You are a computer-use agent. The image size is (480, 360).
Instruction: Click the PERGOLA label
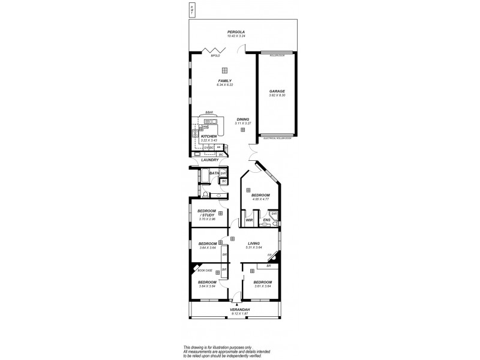click(236, 32)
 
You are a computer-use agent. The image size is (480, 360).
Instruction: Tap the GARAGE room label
click(277, 91)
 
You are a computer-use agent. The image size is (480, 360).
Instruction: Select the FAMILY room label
click(224, 81)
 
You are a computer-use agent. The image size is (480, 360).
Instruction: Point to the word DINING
click(242, 119)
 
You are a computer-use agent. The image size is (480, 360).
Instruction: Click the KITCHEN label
click(208, 136)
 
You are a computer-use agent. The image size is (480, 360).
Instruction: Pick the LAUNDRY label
click(209, 160)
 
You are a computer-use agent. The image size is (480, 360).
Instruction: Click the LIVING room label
click(254, 244)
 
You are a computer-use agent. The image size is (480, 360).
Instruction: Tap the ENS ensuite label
click(266, 221)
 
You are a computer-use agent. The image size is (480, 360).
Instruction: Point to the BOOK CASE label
click(205, 270)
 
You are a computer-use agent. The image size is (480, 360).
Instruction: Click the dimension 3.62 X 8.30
click(277, 95)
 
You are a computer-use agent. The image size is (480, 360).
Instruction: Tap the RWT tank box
click(191, 10)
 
